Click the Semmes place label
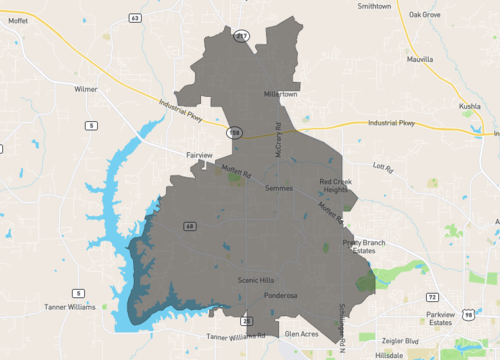click(279, 188)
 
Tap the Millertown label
click(281, 94)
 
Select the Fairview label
click(199, 155)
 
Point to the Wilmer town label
click(86, 89)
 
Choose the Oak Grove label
click(425, 15)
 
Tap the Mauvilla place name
click(421, 60)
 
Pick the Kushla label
click(470, 105)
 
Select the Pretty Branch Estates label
click(363, 247)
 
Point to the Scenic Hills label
click(255, 281)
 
